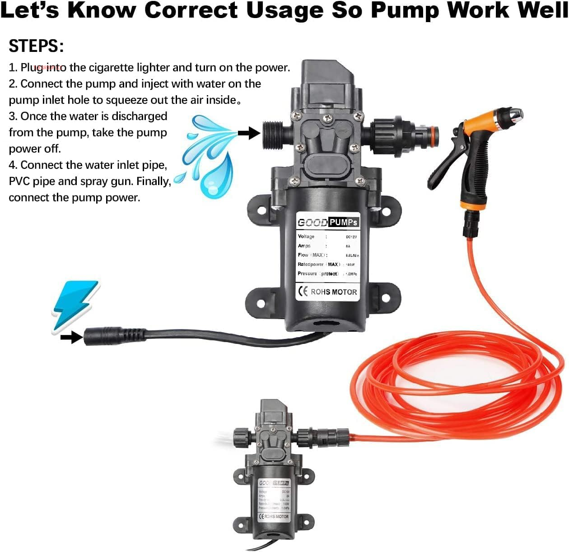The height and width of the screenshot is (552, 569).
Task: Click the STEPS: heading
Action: (36, 46)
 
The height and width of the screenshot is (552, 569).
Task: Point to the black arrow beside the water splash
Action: (249, 133)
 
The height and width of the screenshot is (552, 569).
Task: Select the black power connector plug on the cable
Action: (113, 336)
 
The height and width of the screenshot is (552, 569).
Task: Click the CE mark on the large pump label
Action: (303, 292)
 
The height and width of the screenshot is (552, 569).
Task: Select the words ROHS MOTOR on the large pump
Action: (334, 292)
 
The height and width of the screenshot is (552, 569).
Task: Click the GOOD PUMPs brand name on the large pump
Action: (328, 222)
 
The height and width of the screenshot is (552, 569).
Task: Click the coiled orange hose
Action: (456, 384)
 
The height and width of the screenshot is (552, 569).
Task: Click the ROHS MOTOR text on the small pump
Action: (276, 516)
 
